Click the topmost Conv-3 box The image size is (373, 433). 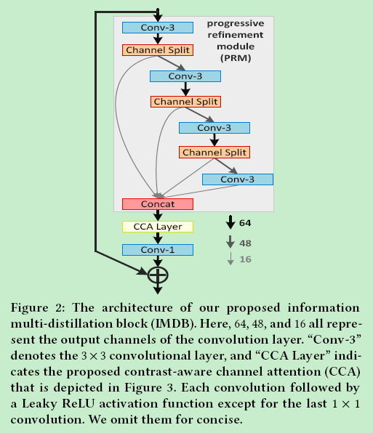click(x=157, y=28)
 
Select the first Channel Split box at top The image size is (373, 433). click(x=157, y=51)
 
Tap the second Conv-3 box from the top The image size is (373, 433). click(x=185, y=76)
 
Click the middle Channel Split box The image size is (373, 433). click(x=186, y=102)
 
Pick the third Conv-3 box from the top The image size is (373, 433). click(x=214, y=128)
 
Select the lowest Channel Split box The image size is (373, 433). click(x=214, y=153)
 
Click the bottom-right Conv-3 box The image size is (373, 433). click(x=237, y=179)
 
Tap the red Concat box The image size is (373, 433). click(x=157, y=204)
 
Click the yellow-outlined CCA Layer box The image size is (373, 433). click(x=157, y=227)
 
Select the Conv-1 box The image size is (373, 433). click(x=157, y=250)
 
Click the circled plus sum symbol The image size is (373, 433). click(x=158, y=275)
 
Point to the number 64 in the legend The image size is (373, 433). click(x=245, y=222)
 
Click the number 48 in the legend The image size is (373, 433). click(x=245, y=243)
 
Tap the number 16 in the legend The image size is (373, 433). click(x=245, y=259)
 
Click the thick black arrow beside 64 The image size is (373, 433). click(x=230, y=222)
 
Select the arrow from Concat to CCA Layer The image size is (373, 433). click(x=157, y=215)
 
